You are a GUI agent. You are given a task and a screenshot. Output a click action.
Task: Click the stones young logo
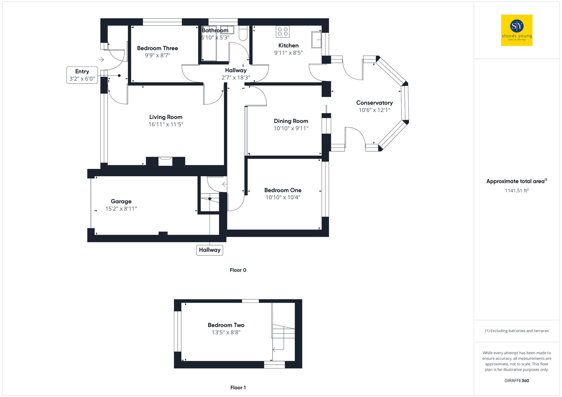point(516,30)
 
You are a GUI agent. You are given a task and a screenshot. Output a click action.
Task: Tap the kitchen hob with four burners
point(282,31)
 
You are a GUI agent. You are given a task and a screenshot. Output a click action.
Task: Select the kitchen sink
point(316,40)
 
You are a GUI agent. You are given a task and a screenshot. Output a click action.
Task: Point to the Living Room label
point(166,117)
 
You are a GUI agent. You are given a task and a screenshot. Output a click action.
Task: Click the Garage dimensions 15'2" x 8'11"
point(121,209)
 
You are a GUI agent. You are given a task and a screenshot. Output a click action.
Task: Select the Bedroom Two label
point(226,325)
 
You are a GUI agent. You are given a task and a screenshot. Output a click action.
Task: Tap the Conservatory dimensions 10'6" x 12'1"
point(374,110)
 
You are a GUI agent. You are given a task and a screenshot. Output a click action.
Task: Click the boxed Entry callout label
point(82,75)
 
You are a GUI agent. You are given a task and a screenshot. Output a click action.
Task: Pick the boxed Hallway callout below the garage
point(210,250)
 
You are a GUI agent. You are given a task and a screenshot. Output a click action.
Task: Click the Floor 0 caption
point(238,270)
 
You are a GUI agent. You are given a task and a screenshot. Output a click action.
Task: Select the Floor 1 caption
point(238,388)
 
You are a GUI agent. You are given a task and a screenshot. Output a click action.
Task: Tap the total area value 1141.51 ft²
point(516,191)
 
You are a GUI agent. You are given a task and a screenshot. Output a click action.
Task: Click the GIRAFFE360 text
point(516,381)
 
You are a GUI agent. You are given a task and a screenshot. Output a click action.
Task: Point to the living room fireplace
point(165,161)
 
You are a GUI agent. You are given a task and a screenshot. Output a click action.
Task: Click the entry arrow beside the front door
point(101,60)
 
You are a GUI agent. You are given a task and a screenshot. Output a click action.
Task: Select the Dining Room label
point(291,121)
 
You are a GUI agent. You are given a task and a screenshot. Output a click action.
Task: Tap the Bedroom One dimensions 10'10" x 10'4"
point(283,198)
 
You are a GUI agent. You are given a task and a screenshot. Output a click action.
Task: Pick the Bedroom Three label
point(157,48)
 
